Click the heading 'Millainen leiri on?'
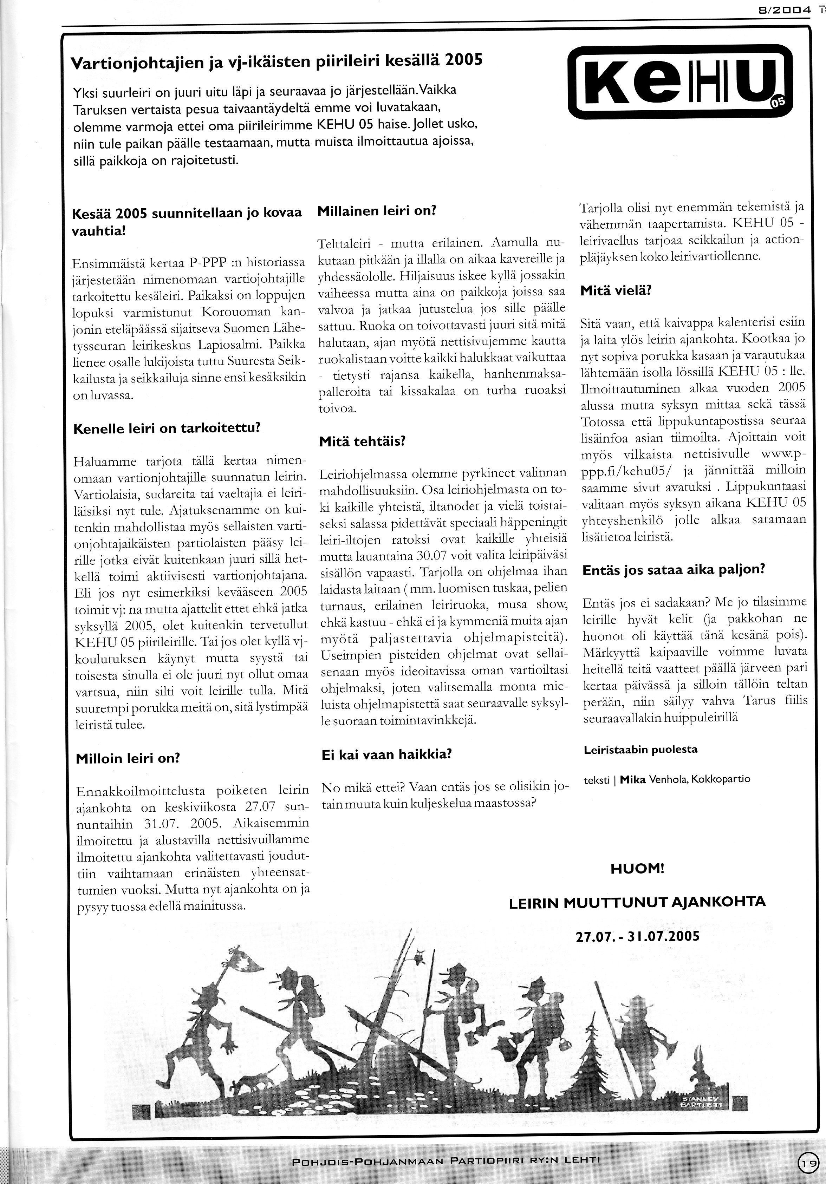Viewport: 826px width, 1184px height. click(x=377, y=211)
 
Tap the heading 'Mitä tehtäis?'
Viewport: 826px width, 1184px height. click(x=362, y=441)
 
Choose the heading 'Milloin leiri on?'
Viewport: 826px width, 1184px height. click(x=128, y=759)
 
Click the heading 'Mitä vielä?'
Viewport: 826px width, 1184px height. click(x=616, y=290)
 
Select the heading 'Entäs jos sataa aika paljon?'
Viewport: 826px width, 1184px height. click(x=673, y=570)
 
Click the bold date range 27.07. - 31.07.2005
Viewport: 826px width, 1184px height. click(x=637, y=936)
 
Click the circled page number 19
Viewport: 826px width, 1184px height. click(x=808, y=1159)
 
